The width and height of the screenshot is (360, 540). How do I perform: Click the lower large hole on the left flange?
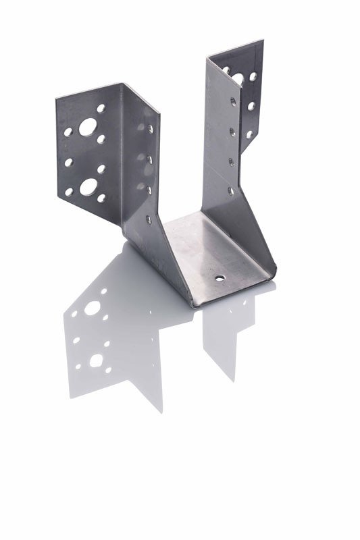[88, 184]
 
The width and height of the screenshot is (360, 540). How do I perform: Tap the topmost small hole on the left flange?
[101, 107]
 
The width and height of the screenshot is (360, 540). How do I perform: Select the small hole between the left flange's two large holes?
[101, 168]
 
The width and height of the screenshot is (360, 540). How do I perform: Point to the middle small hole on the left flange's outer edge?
[68, 162]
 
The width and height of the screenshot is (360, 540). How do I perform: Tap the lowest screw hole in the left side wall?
[149, 217]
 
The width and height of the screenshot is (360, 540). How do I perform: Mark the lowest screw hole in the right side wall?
[231, 191]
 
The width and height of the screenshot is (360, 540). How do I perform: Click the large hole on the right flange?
[238, 78]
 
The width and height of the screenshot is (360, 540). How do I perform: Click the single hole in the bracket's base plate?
[220, 277]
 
